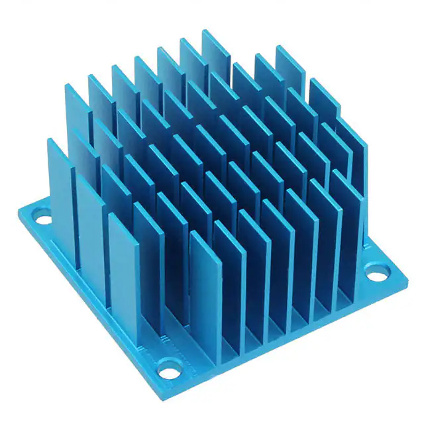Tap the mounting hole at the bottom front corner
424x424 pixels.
[169, 364]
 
